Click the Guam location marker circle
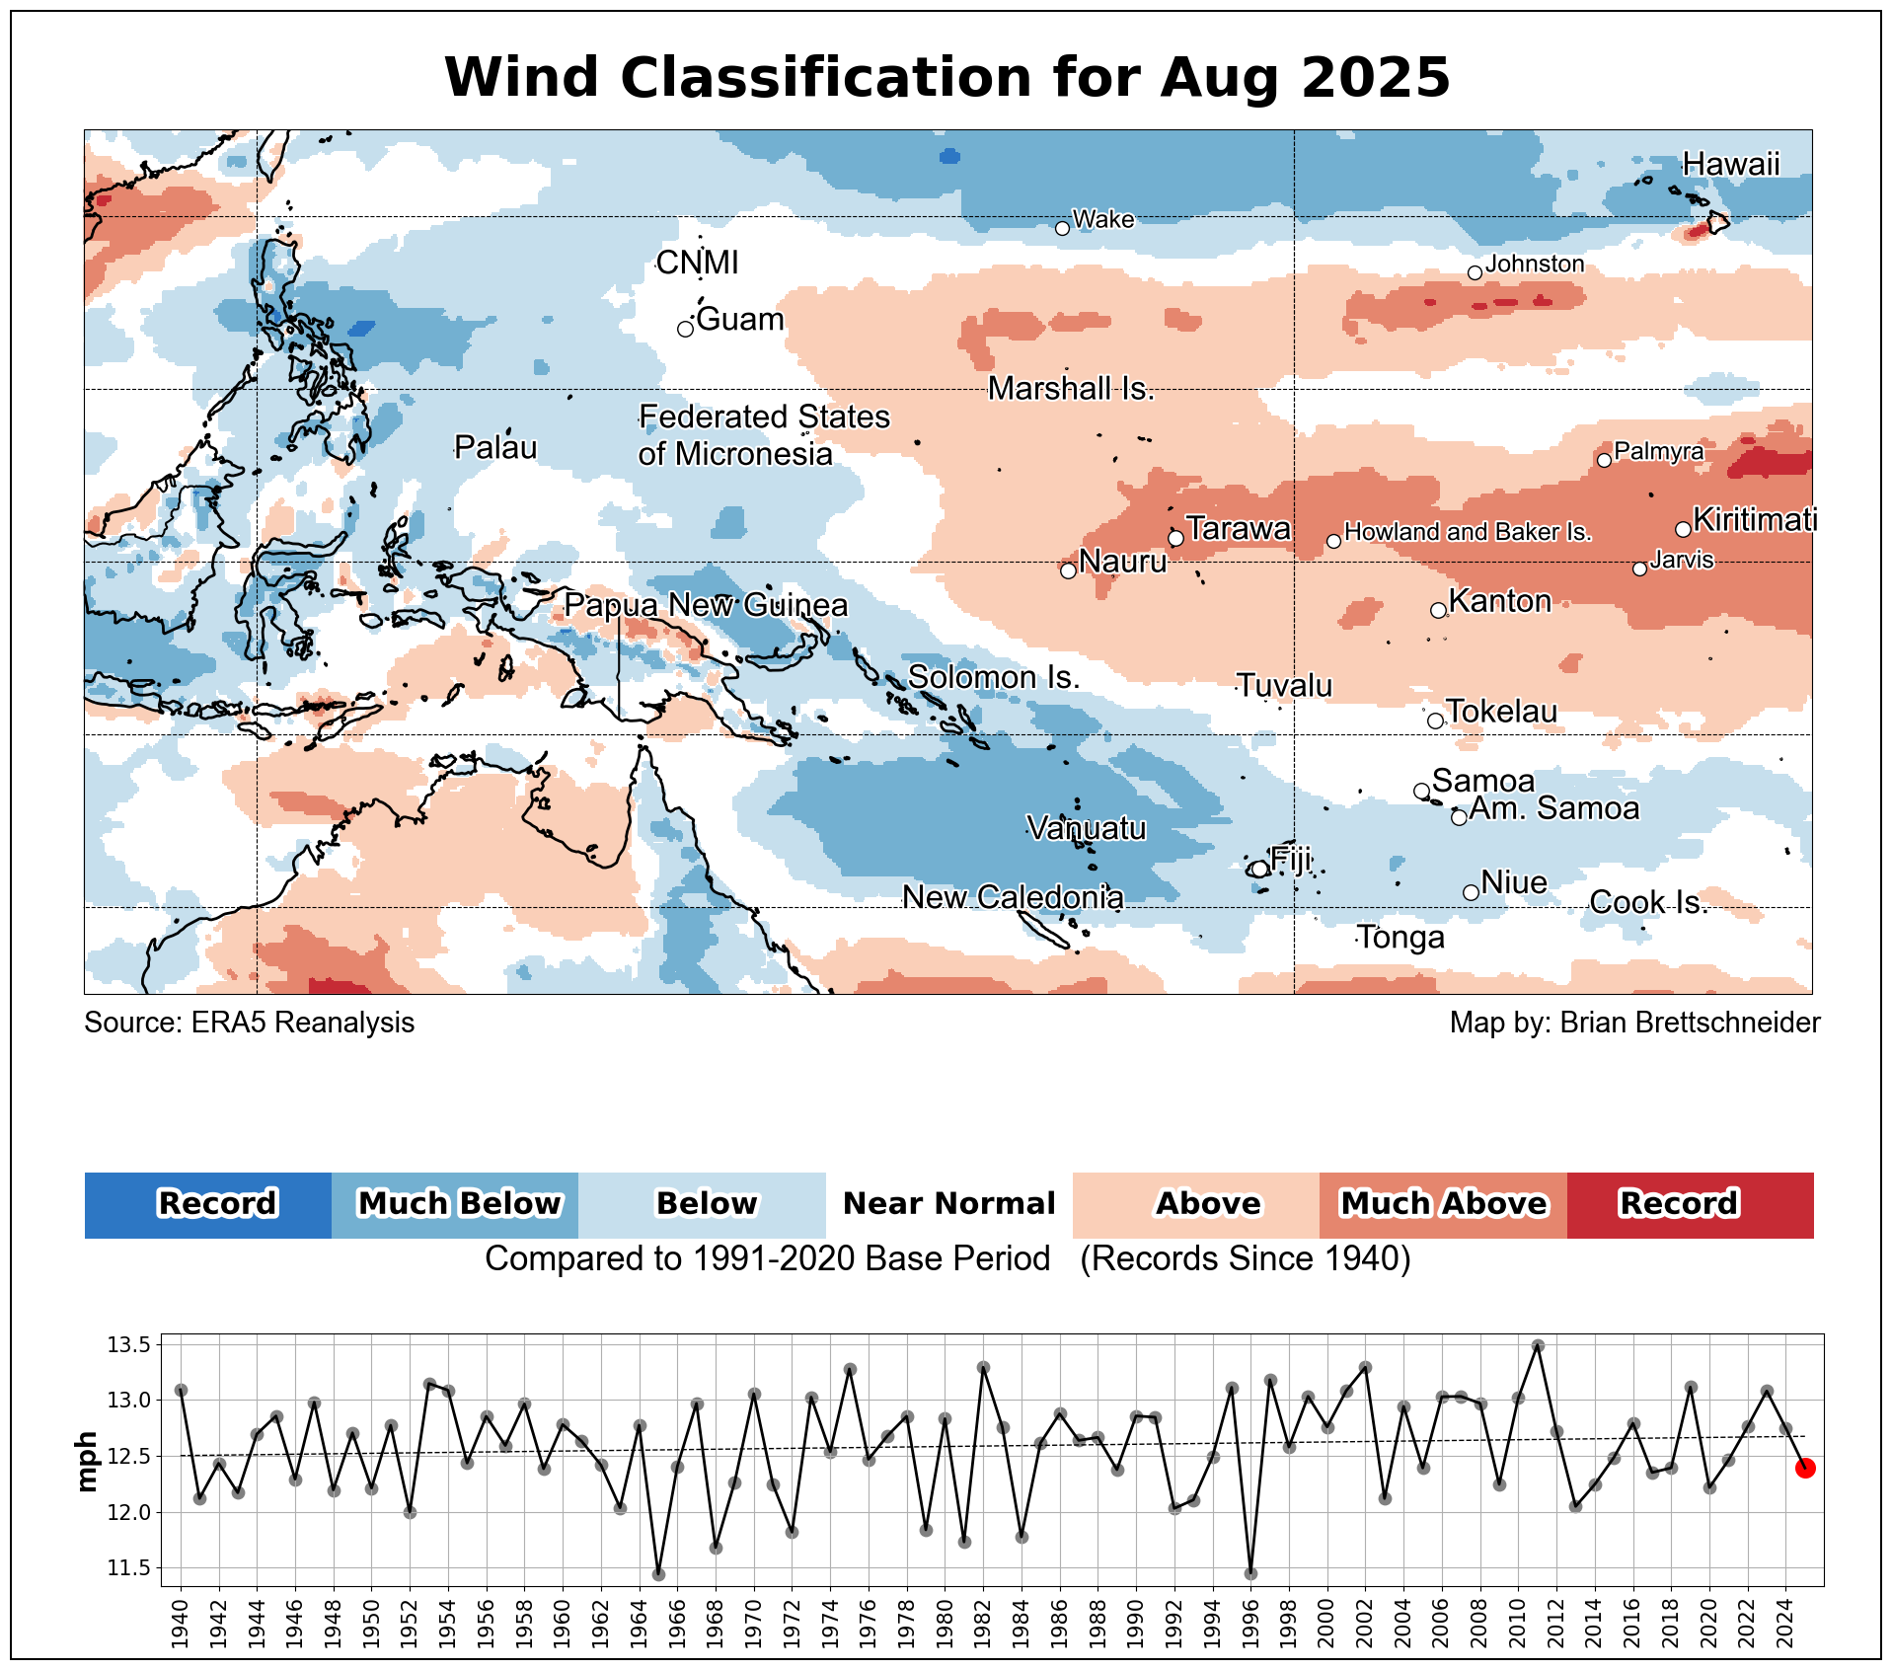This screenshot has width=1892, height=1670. pyautogui.click(x=685, y=329)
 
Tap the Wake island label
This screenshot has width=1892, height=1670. pyautogui.click(x=1102, y=219)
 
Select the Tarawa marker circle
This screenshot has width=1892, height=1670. pyautogui.click(x=1175, y=538)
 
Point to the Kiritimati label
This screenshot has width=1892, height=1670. pyautogui.click(x=1755, y=519)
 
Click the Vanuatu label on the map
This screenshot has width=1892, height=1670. pyautogui.click(x=1087, y=827)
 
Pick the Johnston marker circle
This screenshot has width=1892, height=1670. pyautogui.click(x=1475, y=272)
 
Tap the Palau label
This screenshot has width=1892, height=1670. pyautogui.click(x=495, y=448)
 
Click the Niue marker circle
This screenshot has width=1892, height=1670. pyautogui.click(x=1471, y=892)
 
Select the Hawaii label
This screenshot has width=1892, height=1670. pyautogui.click(x=1731, y=164)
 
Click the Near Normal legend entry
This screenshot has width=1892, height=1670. pyautogui.click(x=948, y=1204)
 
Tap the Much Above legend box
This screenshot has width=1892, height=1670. pyautogui.click(x=1443, y=1204)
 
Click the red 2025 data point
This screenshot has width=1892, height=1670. pyautogui.click(x=1805, y=1468)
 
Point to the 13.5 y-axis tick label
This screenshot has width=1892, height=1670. pyautogui.click(x=128, y=1345)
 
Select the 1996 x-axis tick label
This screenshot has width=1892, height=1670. pyautogui.click(x=1250, y=1625)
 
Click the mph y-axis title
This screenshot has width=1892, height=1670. pyautogui.click(x=87, y=1461)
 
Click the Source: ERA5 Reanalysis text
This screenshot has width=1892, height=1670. pyautogui.click(x=249, y=1023)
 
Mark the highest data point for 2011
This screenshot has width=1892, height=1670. pyautogui.click(x=1538, y=1345)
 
